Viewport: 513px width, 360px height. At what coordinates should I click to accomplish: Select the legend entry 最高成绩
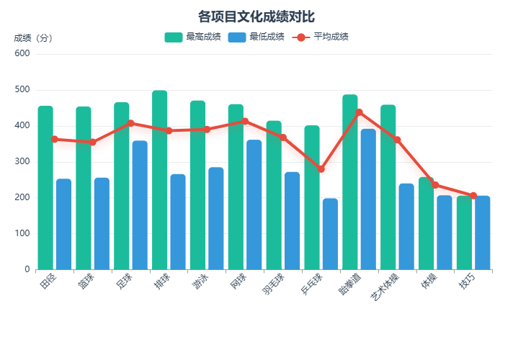(184, 37)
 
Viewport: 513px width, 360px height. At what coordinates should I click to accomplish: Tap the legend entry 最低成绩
(248, 37)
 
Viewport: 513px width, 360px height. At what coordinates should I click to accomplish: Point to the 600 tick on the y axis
(22, 54)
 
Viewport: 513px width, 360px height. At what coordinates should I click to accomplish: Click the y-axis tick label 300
(22, 162)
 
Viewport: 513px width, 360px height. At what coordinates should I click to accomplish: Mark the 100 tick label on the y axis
(22, 234)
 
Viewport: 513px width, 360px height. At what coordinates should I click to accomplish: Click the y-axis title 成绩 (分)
(32, 38)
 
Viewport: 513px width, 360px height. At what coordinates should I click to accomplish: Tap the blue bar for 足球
(140, 209)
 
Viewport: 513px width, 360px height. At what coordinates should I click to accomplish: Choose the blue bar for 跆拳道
(368, 202)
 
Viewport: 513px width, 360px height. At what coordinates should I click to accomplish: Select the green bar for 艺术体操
(388, 194)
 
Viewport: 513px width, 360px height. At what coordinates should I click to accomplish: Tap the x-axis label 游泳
(198, 283)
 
